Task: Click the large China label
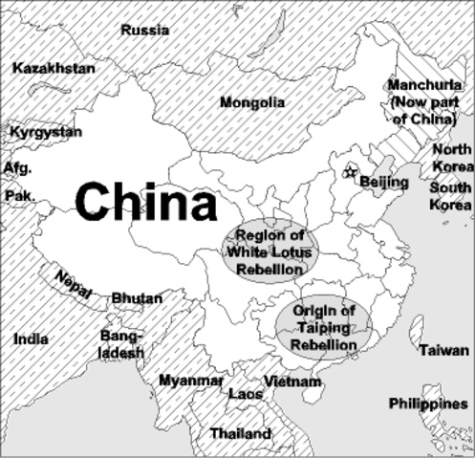tap(146, 203)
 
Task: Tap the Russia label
tap(145, 30)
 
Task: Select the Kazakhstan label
tap(54, 69)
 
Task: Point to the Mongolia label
tap(252, 102)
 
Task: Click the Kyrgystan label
tap(46, 132)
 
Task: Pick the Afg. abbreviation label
tap(17, 167)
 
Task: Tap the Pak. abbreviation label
tap(19, 195)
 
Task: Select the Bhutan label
tap(137, 298)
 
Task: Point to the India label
tap(32, 339)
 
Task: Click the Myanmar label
tap(191, 380)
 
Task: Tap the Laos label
tap(246, 393)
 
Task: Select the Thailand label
tap(240, 433)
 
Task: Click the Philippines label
tap(428, 404)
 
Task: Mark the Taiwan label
tap(443, 350)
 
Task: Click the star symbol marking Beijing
tap(349, 172)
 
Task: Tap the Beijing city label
tap(384, 182)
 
